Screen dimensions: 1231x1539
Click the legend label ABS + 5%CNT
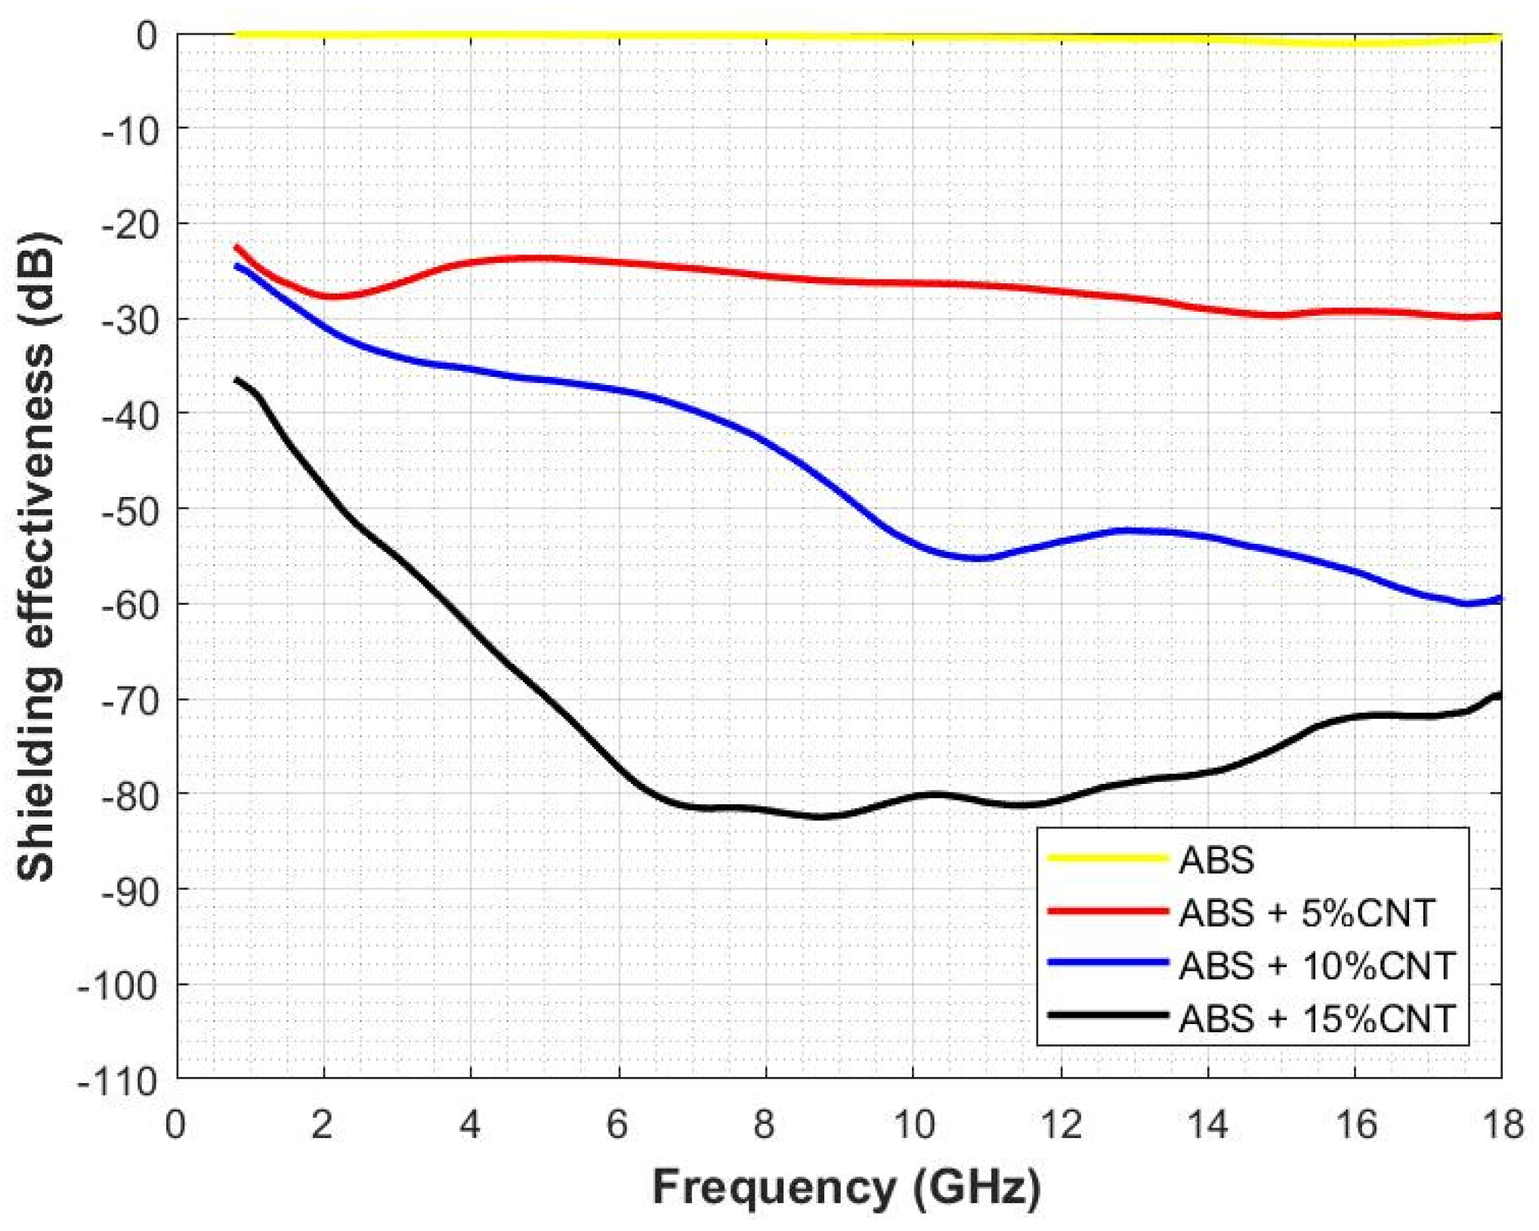pos(1306,912)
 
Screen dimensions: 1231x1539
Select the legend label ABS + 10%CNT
pos(1316,965)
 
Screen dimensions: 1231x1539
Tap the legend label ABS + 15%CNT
pos(1316,1018)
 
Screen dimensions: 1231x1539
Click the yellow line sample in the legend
pos(1108,858)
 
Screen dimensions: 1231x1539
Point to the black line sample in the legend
pos(1108,1015)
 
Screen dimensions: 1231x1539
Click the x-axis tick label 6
pos(617,1125)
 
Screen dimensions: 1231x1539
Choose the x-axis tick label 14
pos(1207,1125)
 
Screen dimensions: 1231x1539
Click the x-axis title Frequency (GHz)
pos(846,1188)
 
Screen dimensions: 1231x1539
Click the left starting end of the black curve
pos(236,379)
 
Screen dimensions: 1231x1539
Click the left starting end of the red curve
pos(236,247)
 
